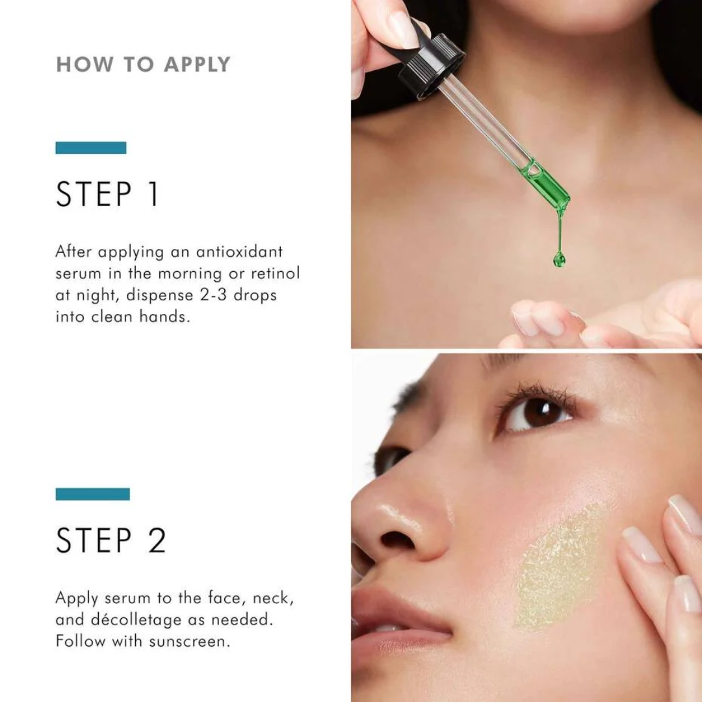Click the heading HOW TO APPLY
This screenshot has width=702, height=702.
pos(143,64)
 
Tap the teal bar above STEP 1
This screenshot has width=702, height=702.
pos(91,148)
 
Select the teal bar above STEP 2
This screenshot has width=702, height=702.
pos(92,494)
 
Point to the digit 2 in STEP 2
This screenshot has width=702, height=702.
pos(156,540)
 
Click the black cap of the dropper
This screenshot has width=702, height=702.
pos(430,65)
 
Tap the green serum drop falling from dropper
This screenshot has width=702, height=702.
pos(559,259)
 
